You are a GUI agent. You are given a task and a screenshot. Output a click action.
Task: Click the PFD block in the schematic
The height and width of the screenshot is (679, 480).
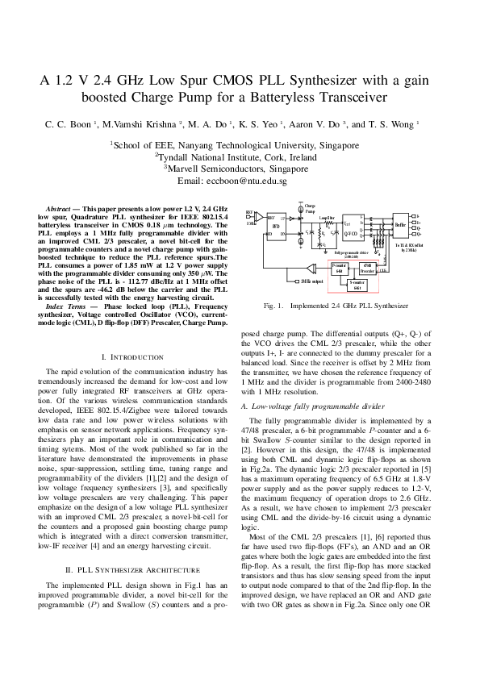276,227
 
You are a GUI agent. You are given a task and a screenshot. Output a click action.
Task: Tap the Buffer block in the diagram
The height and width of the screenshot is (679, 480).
399,225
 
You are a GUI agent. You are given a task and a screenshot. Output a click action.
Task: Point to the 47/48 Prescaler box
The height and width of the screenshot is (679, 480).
367,268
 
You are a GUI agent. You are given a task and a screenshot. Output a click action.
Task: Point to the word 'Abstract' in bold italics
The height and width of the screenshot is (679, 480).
58,208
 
